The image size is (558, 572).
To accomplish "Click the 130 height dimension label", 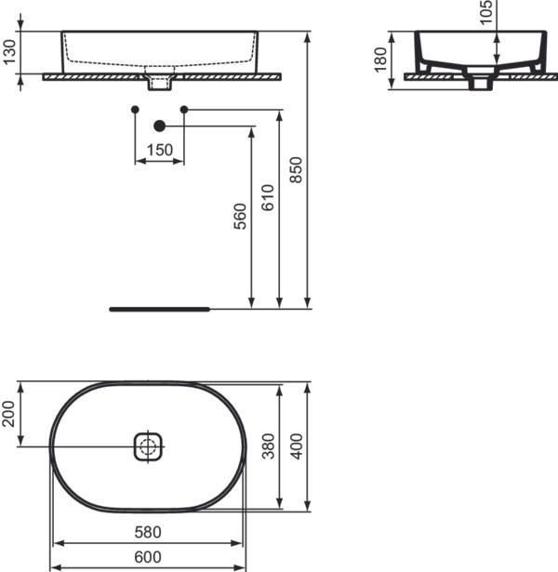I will coord(8,53).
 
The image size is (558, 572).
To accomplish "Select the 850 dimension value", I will coord(296,169).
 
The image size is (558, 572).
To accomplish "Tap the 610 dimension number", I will coord(268,199).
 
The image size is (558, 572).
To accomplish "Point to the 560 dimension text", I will coord(241,216).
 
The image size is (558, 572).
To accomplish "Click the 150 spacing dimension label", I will coord(159,151).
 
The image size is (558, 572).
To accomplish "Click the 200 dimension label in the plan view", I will coord(8,414).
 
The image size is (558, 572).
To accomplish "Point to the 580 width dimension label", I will coord(147,533).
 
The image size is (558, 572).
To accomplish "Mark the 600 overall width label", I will coord(147,557).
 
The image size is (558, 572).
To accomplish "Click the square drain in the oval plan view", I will coord(148,446).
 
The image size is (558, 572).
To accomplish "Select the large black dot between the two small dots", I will coord(159,126).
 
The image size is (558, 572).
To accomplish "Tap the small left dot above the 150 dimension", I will coord(136,110).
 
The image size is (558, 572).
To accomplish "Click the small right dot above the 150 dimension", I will coord(183,110).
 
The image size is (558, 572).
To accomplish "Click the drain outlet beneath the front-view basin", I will coord(160,84).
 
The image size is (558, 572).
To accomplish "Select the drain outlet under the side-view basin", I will coord(480,84).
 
